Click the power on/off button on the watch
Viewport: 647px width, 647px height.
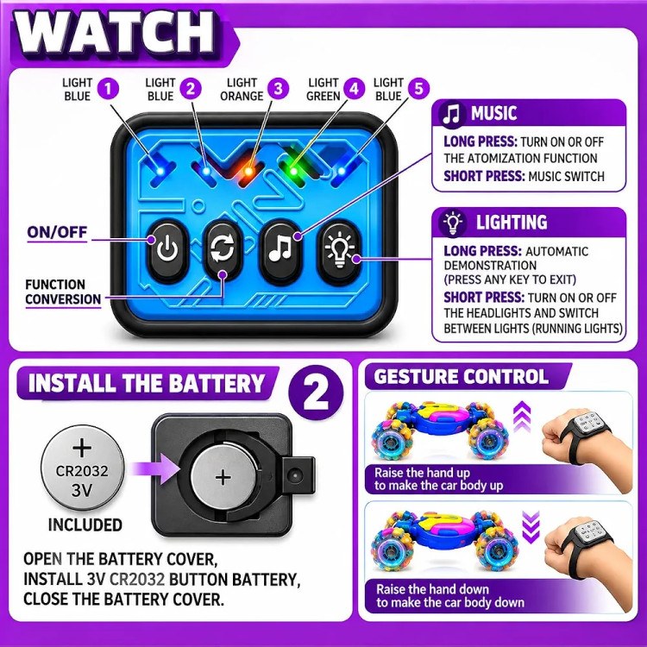[167, 249]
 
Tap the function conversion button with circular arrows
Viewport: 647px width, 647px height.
[223, 249]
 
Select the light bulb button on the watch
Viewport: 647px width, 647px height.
[339, 250]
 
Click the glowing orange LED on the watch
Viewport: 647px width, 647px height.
[248, 171]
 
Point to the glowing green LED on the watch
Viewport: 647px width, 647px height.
[293, 171]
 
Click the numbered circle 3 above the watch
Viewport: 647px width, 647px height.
[279, 88]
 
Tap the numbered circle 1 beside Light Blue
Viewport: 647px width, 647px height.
[108, 88]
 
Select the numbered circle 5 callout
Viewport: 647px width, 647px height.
[418, 88]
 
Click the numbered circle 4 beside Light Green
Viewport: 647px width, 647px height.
[354, 88]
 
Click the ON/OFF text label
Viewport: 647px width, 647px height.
[57, 232]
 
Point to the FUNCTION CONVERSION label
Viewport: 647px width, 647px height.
[63, 292]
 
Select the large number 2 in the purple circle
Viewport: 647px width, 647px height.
[316, 393]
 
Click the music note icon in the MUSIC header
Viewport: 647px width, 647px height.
[451, 114]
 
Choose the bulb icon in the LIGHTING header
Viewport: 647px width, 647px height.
[453, 223]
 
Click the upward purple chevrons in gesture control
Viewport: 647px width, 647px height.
[522, 416]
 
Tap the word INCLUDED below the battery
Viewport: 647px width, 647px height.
[85, 525]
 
